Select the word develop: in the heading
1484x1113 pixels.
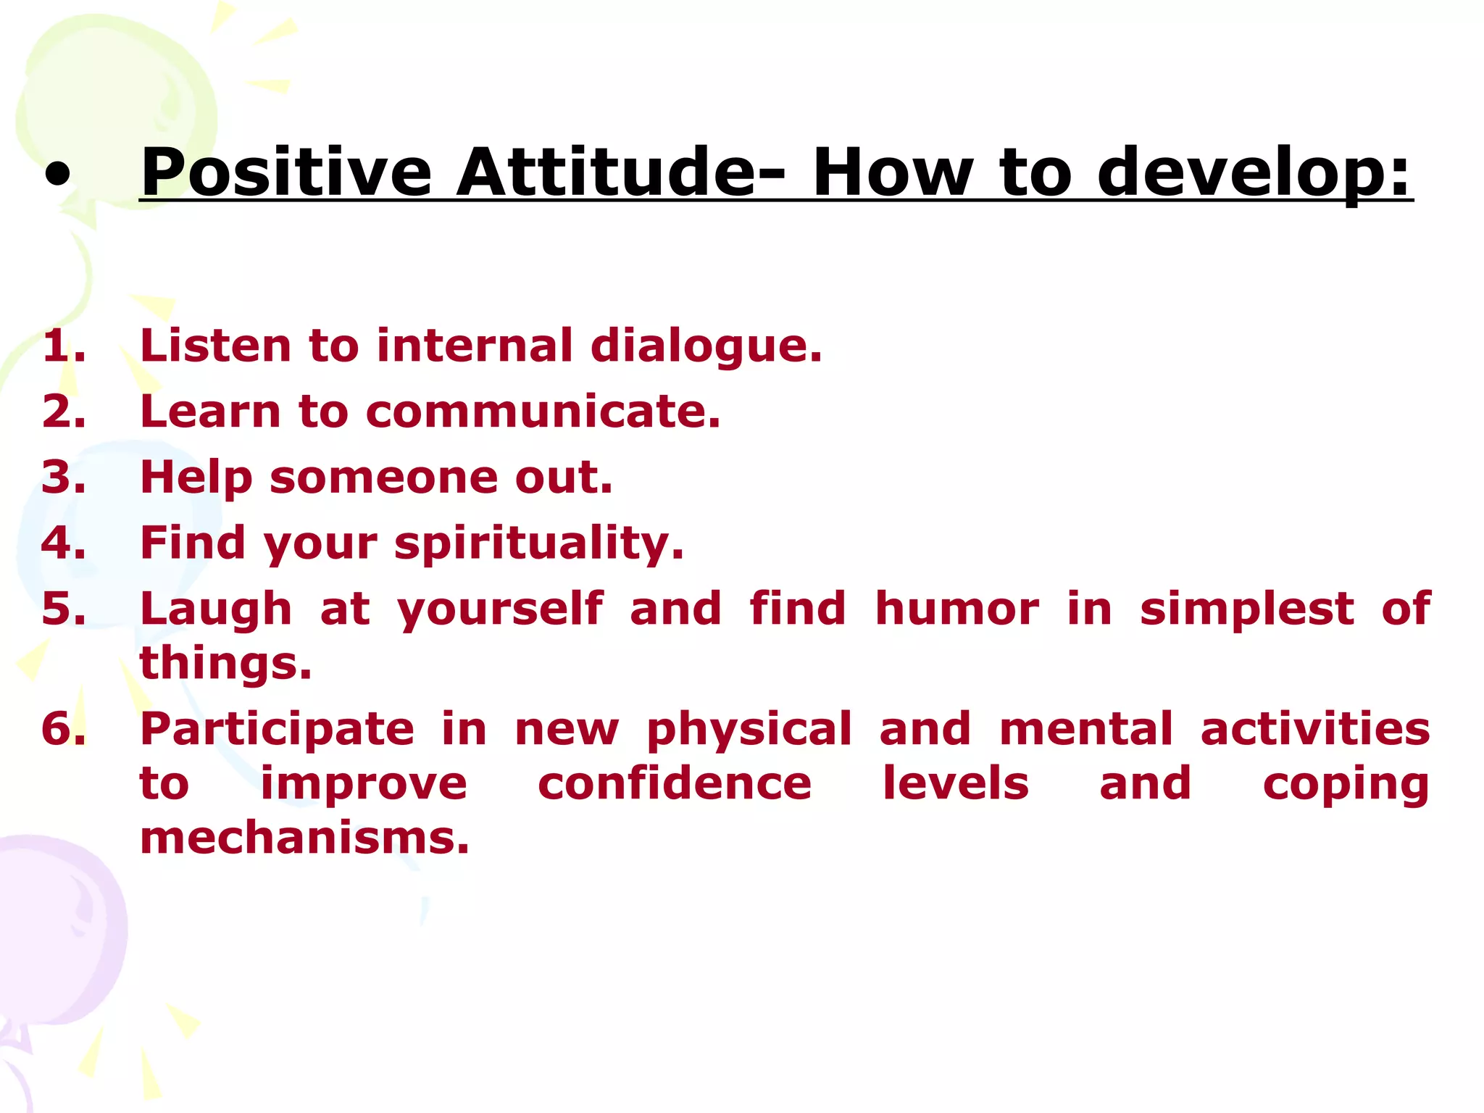(x=1254, y=174)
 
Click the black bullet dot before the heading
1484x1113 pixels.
(x=58, y=175)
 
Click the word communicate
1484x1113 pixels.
(x=543, y=412)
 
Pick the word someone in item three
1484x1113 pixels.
(x=384, y=478)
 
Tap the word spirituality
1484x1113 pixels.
(x=538, y=544)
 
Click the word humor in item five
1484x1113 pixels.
(x=957, y=609)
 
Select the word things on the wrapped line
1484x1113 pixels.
(x=225, y=664)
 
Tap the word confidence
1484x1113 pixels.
(x=675, y=784)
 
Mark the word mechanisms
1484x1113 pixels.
(x=304, y=838)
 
